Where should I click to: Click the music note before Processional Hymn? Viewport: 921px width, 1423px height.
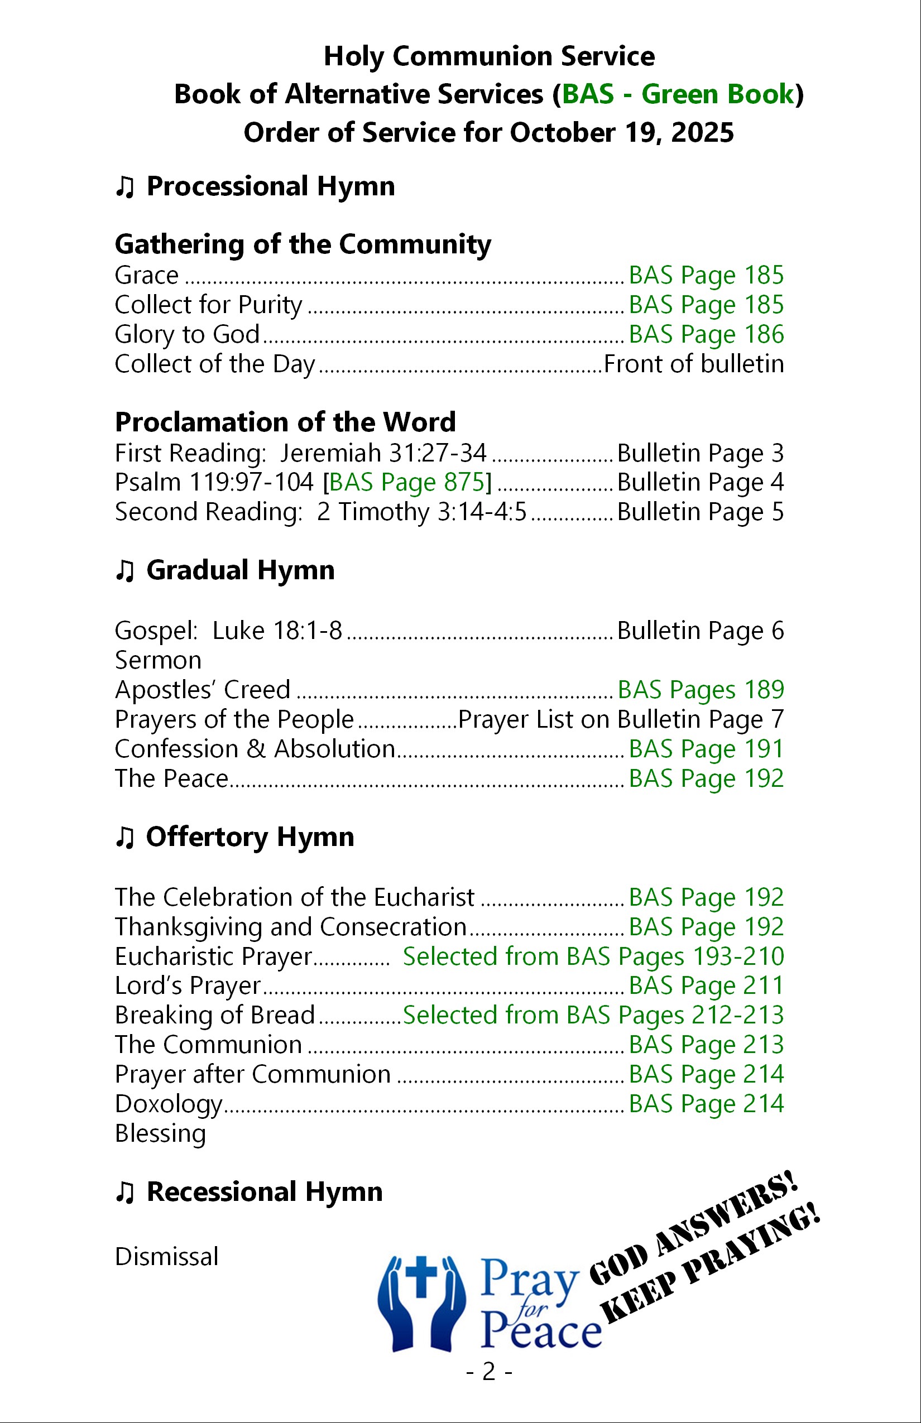[x=124, y=187]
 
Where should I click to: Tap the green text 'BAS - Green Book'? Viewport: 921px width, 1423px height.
[x=678, y=94]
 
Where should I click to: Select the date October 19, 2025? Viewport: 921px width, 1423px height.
[x=621, y=133]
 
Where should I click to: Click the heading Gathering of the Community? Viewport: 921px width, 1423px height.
[x=303, y=244]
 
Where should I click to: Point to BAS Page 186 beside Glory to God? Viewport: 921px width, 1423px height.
[x=706, y=334]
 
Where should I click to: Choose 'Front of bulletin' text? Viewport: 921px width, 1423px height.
[x=694, y=364]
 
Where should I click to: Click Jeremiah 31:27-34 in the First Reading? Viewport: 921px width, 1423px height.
[x=383, y=453]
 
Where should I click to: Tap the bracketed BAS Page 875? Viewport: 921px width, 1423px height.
[x=410, y=483]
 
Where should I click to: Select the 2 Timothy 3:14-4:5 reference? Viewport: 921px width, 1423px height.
[x=421, y=512]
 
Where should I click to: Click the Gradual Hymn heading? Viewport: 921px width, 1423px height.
[x=240, y=570]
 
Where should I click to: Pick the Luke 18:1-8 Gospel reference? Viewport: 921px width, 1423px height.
[x=277, y=631]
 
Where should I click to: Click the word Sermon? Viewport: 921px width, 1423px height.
[x=158, y=661]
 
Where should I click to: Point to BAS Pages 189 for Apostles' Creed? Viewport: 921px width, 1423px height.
[x=701, y=690]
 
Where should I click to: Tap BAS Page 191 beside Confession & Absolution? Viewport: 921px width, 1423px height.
[x=706, y=749]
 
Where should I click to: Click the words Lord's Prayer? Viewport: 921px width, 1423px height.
[x=188, y=986]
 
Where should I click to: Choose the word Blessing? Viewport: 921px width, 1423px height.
[x=160, y=1133]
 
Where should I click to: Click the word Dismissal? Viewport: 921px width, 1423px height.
[x=166, y=1257]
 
